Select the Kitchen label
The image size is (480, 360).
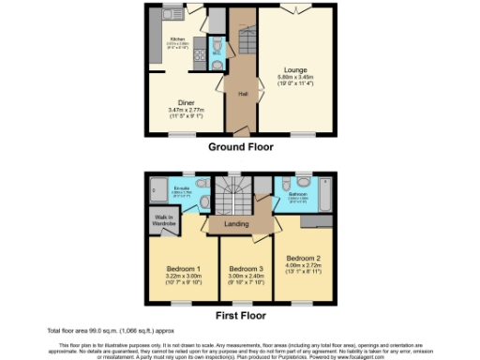point(177,38)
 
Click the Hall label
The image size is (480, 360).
point(242,94)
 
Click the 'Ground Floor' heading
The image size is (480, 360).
point(241,148)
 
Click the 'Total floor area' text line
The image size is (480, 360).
point(109,331)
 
